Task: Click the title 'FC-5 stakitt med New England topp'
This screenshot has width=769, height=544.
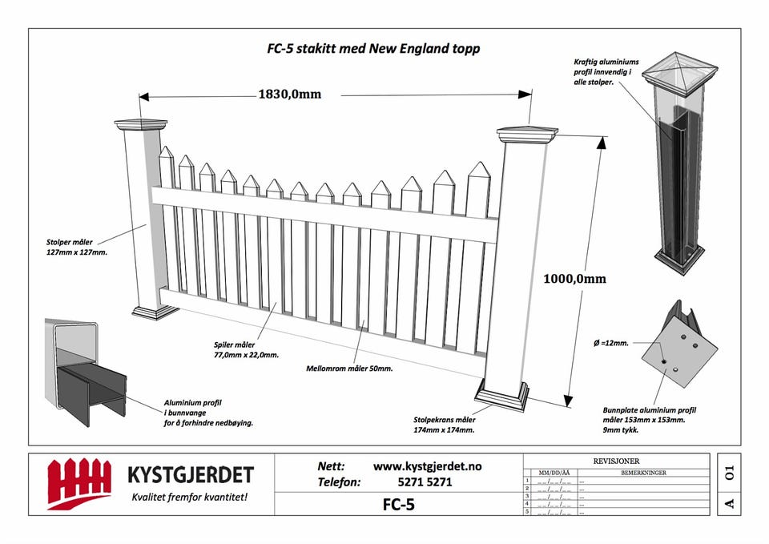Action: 373,48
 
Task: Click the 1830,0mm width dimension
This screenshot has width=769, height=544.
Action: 289,94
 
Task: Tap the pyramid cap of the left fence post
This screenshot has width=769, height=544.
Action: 140,124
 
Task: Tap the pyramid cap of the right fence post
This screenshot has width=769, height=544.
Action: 526,133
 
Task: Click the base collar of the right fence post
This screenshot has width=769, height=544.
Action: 501,395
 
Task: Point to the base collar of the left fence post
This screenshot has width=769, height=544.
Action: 155,311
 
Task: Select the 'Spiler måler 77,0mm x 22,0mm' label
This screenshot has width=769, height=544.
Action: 246,349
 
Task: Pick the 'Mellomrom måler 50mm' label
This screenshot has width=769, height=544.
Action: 349,369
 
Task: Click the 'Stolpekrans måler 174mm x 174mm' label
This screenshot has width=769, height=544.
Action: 445,425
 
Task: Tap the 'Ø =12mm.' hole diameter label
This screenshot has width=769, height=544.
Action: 611,342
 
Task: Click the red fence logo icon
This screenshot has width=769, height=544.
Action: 79,482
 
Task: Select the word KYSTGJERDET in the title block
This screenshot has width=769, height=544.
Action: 190,475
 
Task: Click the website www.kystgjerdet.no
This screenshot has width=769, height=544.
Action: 428,466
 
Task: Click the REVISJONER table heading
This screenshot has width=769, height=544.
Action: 616,461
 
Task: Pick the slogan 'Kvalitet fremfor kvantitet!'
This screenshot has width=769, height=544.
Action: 189,498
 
